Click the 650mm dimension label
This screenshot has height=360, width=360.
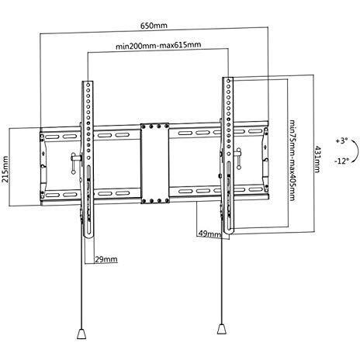tap(154, 26)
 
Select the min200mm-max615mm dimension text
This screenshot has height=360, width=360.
tap(158, 45)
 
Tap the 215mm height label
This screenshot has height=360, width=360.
tap(5, 169)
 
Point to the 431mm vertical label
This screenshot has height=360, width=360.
tap(317, 159)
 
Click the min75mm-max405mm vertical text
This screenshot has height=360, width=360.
tap(292, 160)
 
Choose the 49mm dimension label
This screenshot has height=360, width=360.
tap(209, 234)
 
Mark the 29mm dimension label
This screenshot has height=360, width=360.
tap(106, 259)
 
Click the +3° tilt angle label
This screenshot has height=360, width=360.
tap(341, 141)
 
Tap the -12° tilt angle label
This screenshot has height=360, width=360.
tap(341, 161)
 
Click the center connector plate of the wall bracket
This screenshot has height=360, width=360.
tap(155, 163)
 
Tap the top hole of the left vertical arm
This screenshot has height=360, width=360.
tap(88, 85)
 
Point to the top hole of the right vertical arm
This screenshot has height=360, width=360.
tap(228, 81)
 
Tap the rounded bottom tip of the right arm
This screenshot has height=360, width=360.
tap(229, 232)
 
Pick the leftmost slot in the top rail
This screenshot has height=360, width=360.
tap(51, 137)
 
